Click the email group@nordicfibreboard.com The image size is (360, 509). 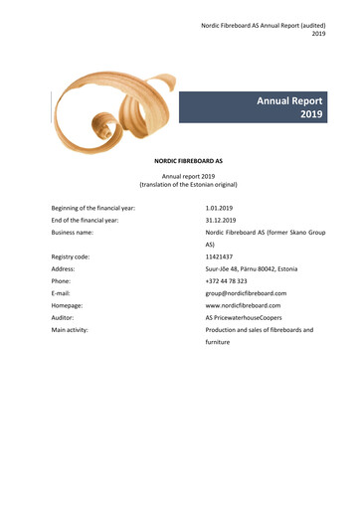[x=246, y=293]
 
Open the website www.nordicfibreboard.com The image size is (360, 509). [x=243, y=305]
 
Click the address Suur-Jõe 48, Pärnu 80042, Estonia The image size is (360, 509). [x=258, y=268]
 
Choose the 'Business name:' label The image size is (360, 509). [x=77, y=232]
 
